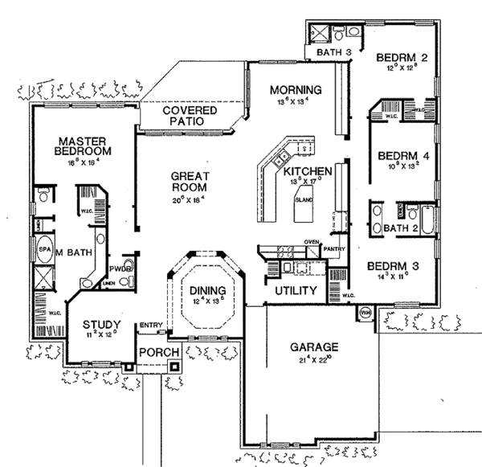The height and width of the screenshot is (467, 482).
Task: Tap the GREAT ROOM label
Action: pos(190,182)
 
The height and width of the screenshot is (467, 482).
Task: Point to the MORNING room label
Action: pos(296,89)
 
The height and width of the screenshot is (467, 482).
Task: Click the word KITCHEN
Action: pos(303,171)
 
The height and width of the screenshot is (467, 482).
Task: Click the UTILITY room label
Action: pos(295,289)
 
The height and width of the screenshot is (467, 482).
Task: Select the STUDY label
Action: pos(101,325)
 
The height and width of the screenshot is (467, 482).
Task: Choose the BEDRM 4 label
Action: pos(398,155)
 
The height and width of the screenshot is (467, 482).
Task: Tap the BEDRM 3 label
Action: pos(388,264)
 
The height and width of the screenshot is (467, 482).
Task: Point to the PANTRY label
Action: pos(333,249)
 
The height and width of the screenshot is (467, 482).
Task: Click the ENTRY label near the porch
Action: pos(150,325)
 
